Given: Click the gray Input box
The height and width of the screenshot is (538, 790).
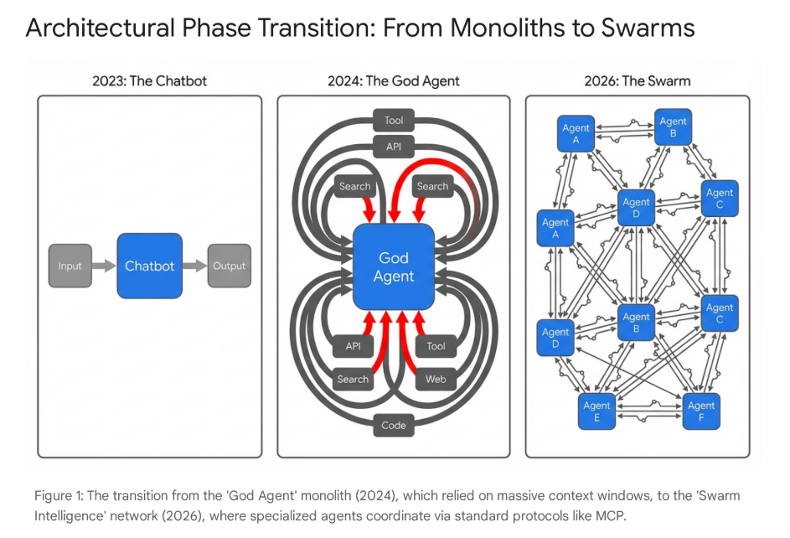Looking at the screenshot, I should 70,266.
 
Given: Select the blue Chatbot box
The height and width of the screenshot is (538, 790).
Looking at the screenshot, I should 149,266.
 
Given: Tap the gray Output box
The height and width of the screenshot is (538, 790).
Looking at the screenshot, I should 229,266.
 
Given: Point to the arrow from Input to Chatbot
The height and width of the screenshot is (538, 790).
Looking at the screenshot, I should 104,266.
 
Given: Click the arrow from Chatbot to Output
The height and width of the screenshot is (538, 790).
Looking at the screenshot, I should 194,266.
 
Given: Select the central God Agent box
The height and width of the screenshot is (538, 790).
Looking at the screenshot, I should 395,266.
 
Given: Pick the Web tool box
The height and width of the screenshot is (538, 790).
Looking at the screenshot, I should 436,379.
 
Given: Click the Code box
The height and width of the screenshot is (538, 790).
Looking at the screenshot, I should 394,425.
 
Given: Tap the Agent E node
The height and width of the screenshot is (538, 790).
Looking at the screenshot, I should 597,411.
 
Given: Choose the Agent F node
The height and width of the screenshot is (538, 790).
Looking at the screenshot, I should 701,411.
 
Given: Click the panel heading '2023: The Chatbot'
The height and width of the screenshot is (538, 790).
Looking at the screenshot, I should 149,81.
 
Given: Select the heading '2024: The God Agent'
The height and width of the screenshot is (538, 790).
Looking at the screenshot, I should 394,81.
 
